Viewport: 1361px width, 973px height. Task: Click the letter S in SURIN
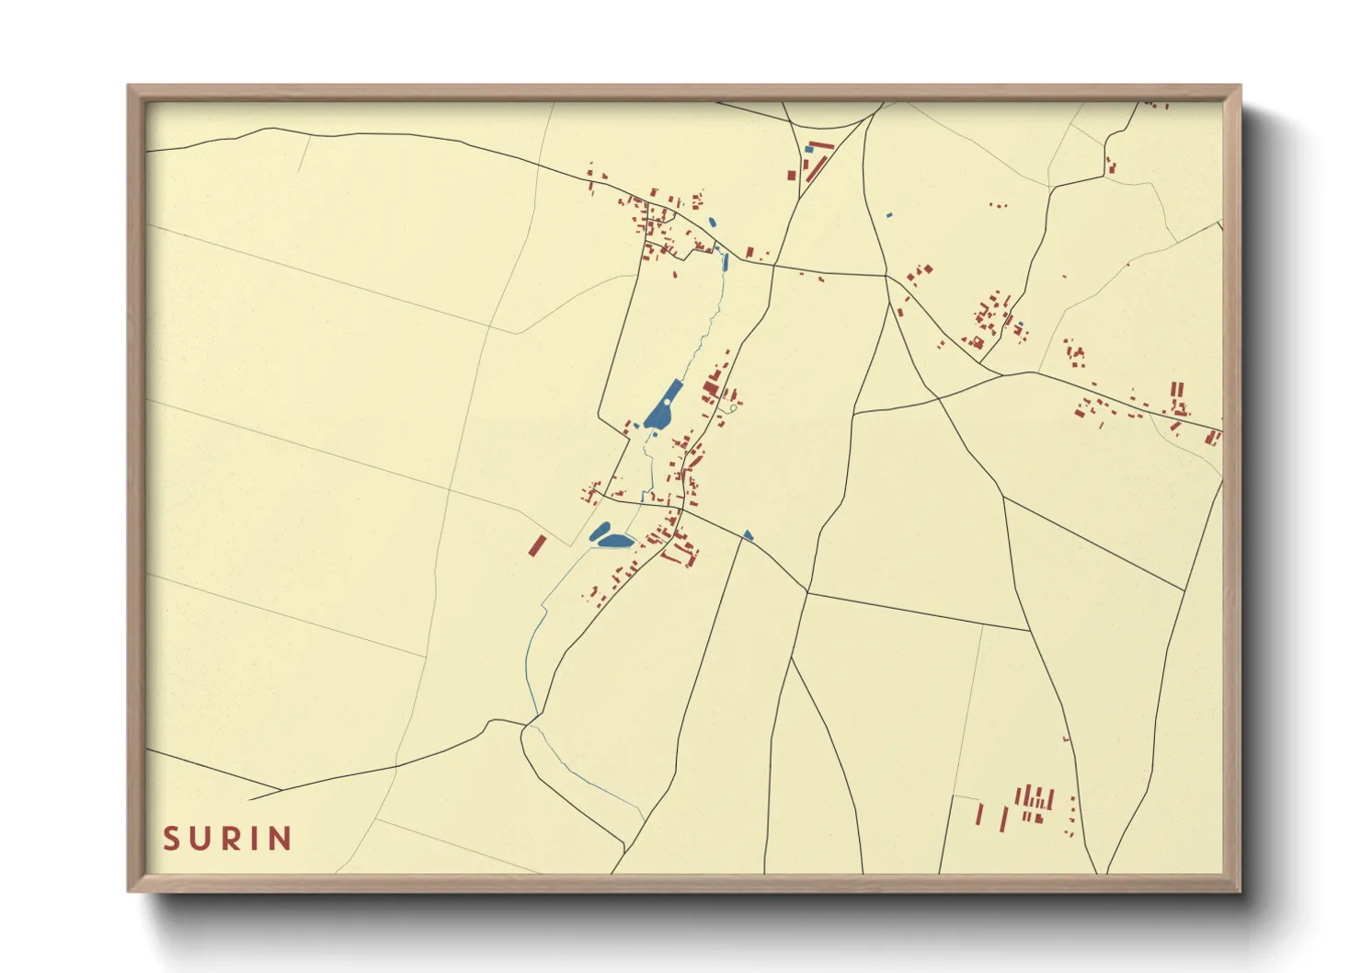(x=171, y=839)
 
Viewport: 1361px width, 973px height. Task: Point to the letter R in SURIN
(x=230, y=839)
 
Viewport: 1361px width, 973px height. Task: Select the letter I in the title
(x=255, y=839)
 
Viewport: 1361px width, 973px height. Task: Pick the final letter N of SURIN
(x=280, y=839)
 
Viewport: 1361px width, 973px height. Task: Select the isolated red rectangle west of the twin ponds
(x=537, y=545)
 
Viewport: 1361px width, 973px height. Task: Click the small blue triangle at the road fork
(x=748, y=535)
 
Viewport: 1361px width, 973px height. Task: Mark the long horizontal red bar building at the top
(x=821, y=145)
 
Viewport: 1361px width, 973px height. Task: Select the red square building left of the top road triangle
(x=791, y=174)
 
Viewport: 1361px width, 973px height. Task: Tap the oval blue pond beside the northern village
(x=711, y=222)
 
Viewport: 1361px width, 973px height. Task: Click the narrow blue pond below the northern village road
(x=726, y=261)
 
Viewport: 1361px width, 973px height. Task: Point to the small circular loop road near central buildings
(x=732, y=407)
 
